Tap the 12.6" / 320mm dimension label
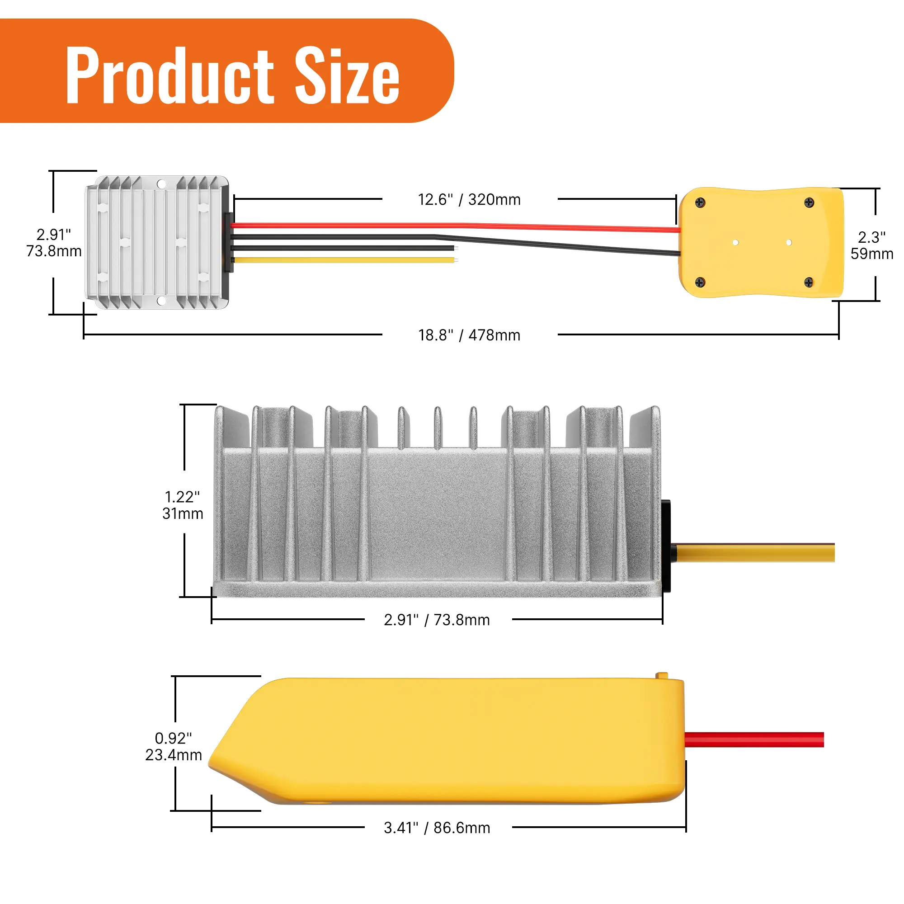tap(469, 200)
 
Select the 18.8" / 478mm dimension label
tap(469, 335)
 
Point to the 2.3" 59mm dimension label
tap(871, 245)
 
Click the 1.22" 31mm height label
tap(183, 505)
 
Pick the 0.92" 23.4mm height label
tap(173, 747)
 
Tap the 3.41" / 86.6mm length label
tap(437, 828)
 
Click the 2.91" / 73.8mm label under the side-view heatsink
tap(437, 620)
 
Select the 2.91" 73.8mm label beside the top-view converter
tap(54, 243)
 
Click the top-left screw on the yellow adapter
tap(700, 202)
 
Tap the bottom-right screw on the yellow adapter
tap(809, 282)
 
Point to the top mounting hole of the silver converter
tap(161, 184)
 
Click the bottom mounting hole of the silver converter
tap(161, 301)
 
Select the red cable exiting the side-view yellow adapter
tap(753, 739)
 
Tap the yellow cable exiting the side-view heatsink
tap(753, 553)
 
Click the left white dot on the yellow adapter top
tap(735, 242)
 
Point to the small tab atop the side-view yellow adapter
tap(662, 676)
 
